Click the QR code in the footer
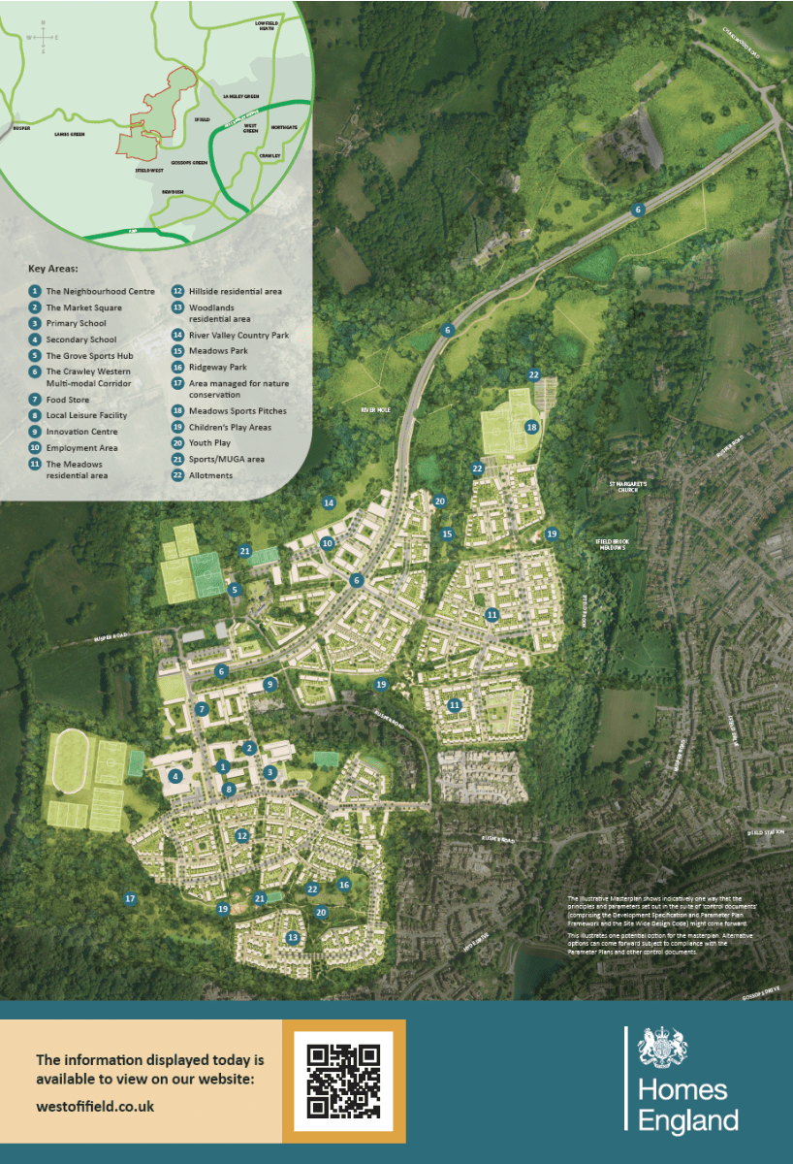(x=343, y=1081)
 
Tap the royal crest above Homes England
(x=662, y=1049)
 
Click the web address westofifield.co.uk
(x=95, y=1105)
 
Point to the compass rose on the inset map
(x=43, y=38)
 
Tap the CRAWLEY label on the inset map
(x=270, y=155)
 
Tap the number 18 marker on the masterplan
(x=531, y=427)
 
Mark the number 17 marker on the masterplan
(x=130, y=899)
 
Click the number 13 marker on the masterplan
(x=293, y=938)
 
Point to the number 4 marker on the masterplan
(x=175, y=776)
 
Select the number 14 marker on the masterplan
(x=329, y=502)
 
